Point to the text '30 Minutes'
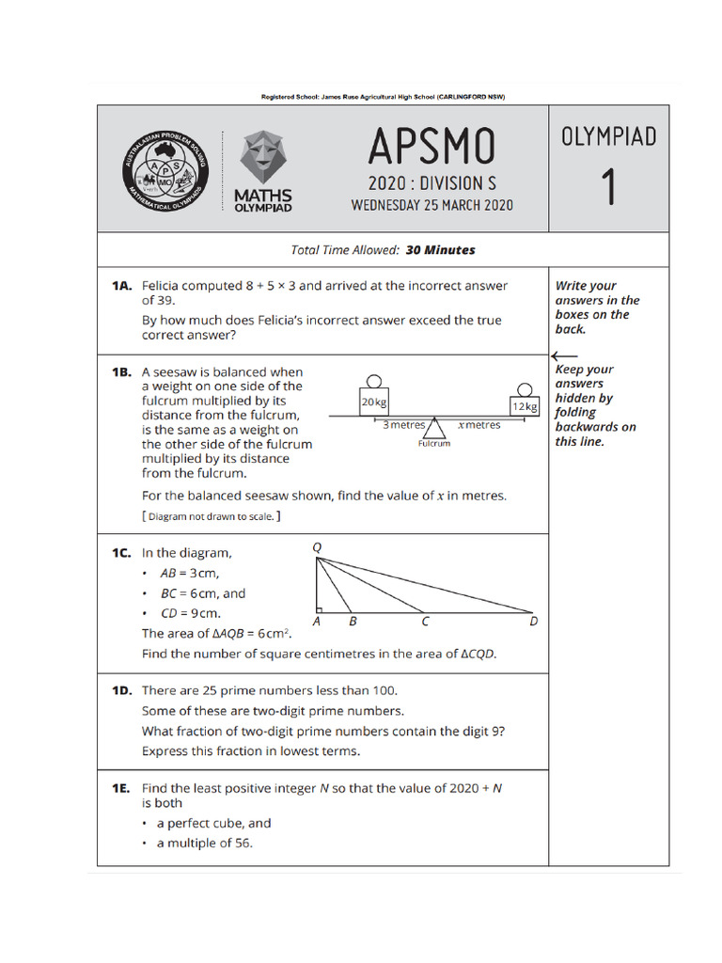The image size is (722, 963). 440,250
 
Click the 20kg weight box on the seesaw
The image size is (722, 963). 373,403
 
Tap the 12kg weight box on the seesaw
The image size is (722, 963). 525,406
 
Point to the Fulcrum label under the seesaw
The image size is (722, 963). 434,444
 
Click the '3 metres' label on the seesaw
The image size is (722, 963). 403,425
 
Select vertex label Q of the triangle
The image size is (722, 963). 316,546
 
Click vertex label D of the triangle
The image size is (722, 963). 534,622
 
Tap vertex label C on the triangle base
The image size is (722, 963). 425,622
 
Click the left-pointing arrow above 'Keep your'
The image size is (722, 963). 565,355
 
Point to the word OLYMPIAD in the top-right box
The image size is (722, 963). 609,137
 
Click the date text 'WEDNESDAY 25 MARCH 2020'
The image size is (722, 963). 432,205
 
